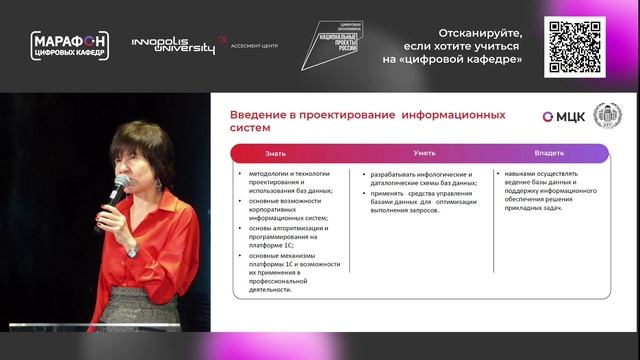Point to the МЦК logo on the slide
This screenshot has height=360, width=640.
point(564,116)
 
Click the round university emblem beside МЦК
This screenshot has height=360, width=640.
point(605,115)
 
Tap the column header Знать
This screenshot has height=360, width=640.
point(275,153)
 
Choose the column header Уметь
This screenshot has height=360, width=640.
point(423,153)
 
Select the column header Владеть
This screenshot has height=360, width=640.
point(550,153)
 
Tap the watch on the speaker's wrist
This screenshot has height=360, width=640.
point(131,251)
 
